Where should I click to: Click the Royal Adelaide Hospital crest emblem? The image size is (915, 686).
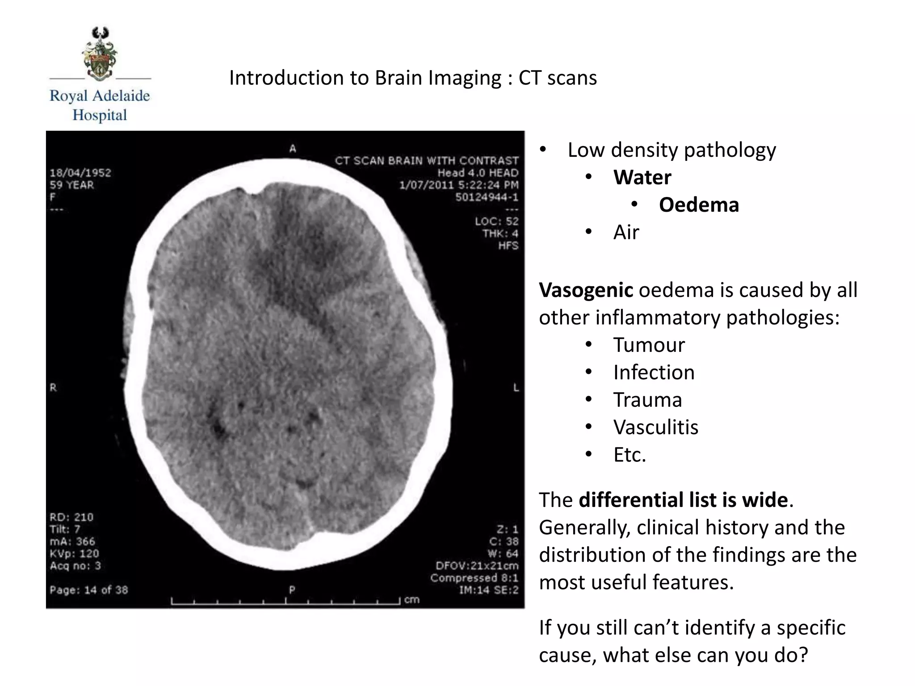[x=100, y=54]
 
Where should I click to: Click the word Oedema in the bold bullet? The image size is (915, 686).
[x=699, y=205]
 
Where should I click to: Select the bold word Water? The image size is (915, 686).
[x=642, y=177]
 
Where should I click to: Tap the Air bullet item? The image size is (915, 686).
[x=626, y=232]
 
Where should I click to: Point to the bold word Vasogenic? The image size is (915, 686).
[x=586, y=290]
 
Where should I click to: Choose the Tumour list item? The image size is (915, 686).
[x=649, y=345]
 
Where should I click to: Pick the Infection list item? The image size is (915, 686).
[x=654, y=372]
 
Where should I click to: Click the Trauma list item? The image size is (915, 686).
[x=647, y=400]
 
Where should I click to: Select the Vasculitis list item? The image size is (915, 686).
[x=655, y=427]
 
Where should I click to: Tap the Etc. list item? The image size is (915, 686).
[x=630, y=455]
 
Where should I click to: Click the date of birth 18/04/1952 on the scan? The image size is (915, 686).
[x=80, y=173]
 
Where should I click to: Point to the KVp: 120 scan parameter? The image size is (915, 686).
[x=74, y=553]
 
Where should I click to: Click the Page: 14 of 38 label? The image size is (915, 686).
[x=89, y=590]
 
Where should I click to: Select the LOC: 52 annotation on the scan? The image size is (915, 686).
[x=496, y=221]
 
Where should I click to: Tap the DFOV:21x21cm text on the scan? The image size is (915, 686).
[x=477, y=566]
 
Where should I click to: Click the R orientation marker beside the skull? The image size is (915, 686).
[x=53, y=388]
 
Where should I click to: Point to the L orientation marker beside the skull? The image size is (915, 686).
[x=516, y=388]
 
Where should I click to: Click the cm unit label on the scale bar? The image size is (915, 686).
[x=412, y=599]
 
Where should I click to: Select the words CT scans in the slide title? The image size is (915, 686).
[x=557, y=78]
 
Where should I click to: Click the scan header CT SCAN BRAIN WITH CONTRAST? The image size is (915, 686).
[x=427, y=161]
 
